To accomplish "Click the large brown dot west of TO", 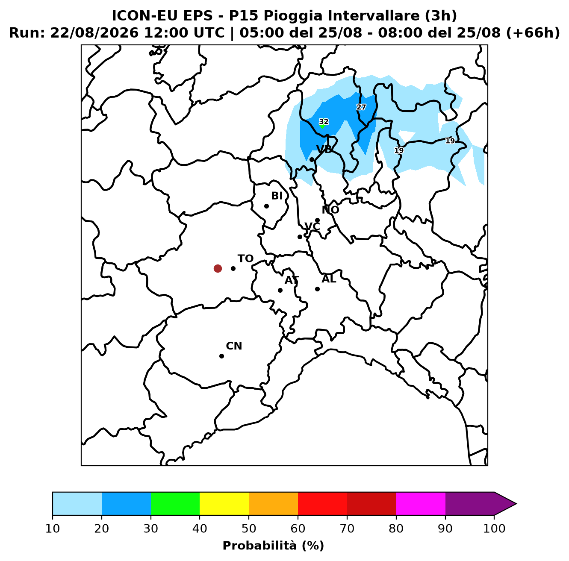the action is pos(218,268).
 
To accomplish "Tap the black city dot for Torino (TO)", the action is pos(233,268).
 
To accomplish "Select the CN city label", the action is pos(234,346).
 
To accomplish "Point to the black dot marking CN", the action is pos(221,356).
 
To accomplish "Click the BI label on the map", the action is pos(277,196).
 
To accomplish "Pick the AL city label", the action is pos(329,279).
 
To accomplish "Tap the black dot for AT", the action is pos(280,290).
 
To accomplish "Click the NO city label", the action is pos(330,210).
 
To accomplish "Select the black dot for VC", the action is pos(300,237).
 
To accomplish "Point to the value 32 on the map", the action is pos(324,122).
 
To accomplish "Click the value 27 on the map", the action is pos(361,107).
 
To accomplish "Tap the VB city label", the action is pos(324,150).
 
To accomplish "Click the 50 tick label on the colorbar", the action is pos(249,529).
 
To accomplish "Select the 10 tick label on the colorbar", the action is pos(53,529).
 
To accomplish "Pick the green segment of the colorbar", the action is pos(175,503).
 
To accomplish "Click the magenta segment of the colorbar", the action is pos(421,503).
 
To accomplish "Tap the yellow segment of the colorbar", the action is pos(224,503).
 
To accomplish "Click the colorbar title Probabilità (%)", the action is pos(273,546).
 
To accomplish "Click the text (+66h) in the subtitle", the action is pos(533,33).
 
